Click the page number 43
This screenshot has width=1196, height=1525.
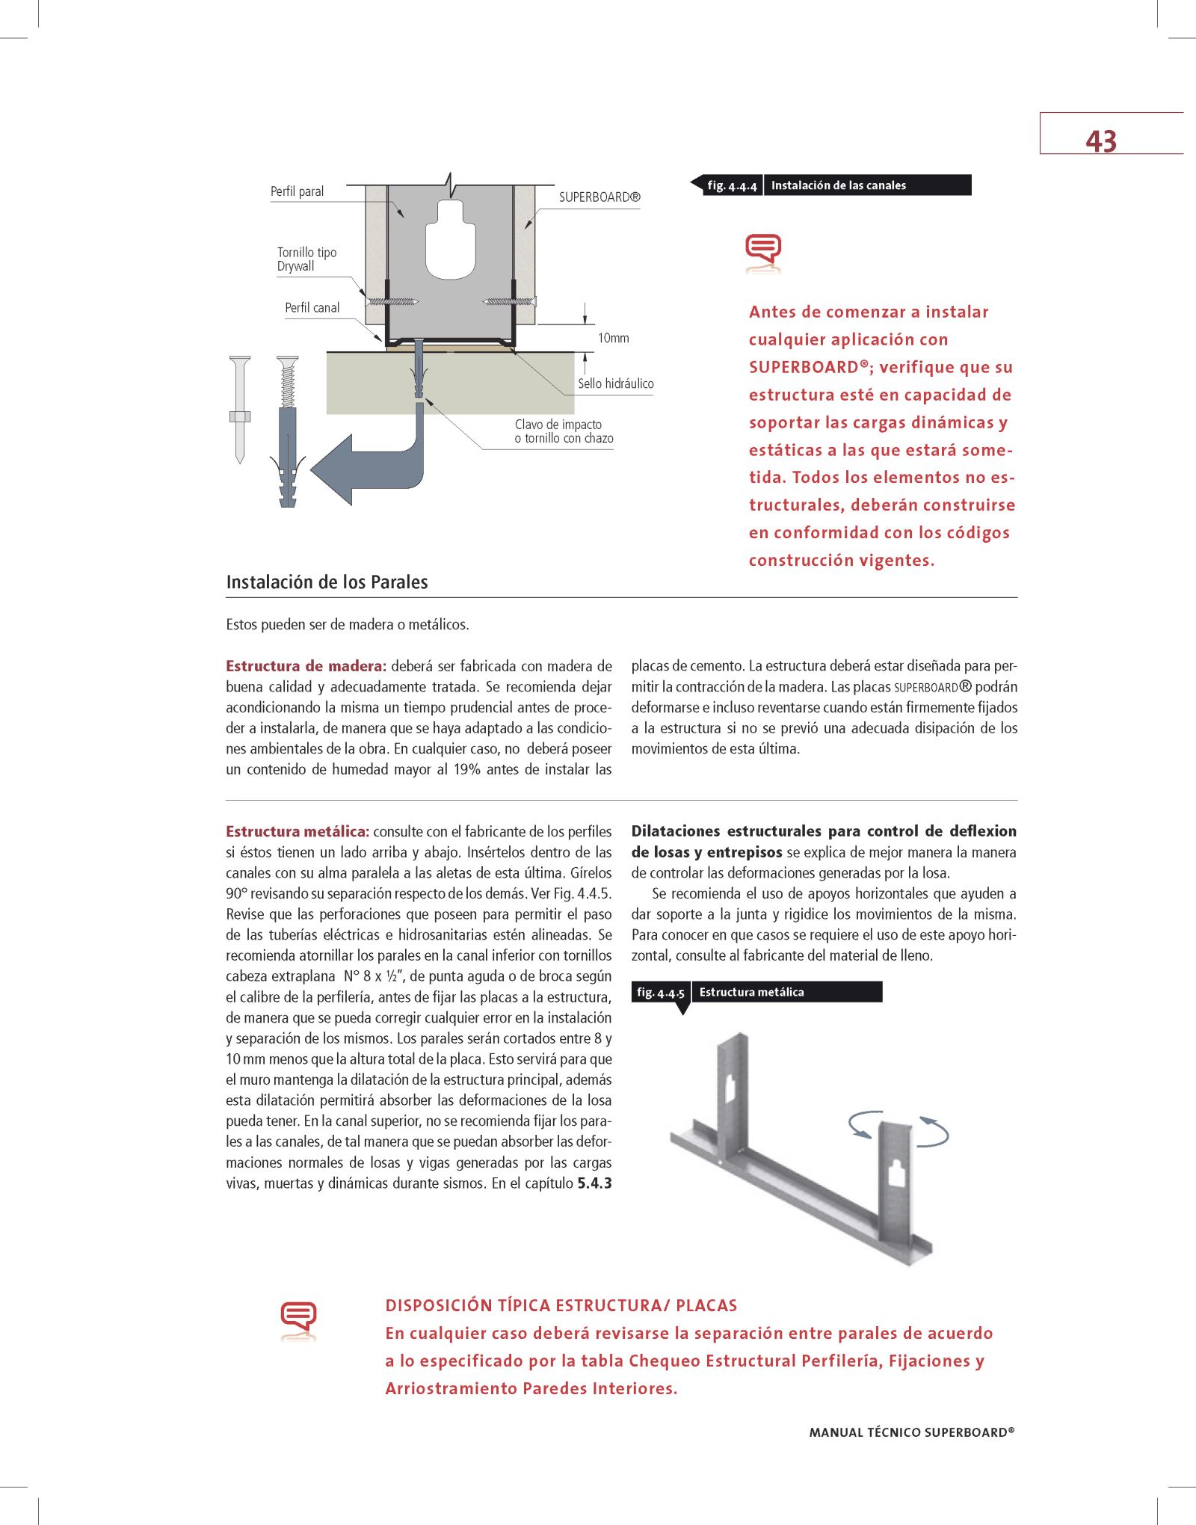1100,141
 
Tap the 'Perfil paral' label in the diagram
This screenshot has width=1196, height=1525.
297,191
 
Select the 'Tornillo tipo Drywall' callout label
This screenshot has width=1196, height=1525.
306,259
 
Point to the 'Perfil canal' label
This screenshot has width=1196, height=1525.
312,308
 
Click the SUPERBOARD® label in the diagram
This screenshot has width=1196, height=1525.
599,197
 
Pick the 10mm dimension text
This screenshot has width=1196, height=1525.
613,338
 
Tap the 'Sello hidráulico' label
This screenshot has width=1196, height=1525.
615,383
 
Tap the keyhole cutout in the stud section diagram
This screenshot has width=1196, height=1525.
450,239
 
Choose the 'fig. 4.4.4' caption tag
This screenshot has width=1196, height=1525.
732,185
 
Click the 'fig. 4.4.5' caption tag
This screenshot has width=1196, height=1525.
661,993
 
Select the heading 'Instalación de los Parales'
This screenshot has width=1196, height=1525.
327,582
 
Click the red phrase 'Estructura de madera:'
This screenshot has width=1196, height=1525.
306,666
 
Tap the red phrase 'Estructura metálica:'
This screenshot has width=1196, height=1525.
298,831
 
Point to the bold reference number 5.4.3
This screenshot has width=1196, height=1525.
594,1183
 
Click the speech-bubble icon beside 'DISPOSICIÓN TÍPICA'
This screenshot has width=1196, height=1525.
298,1318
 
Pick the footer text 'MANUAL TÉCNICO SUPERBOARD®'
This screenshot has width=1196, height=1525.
911,1432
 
